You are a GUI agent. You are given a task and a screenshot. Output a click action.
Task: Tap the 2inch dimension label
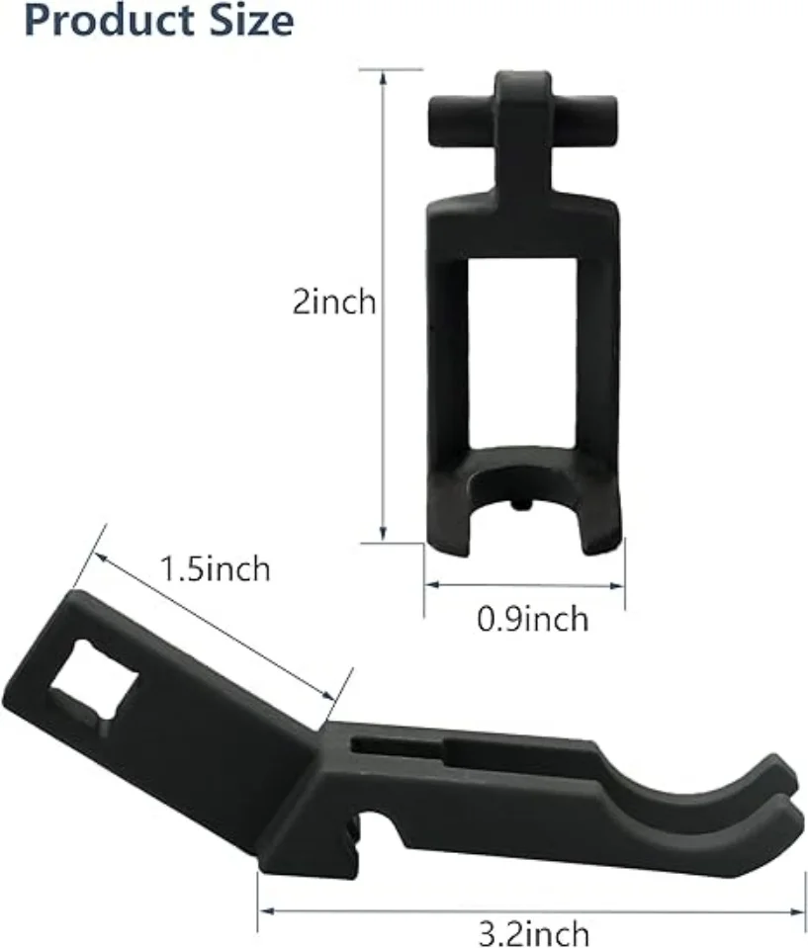point(334,302)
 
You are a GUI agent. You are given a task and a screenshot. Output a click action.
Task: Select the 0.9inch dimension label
point(532,619)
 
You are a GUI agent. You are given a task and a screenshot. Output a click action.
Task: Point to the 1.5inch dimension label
point(216,569)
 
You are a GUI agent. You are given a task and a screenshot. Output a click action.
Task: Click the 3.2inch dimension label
point(534,932)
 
